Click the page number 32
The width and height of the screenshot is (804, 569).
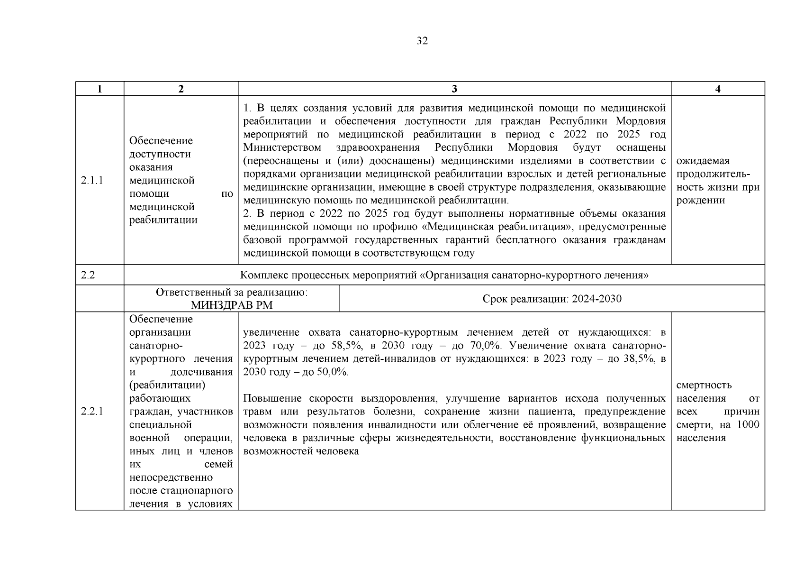point(422,41)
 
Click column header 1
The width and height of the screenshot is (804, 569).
point(99,89)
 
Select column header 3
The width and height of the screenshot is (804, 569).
point(454,89)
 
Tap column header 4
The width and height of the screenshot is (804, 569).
point(717,89)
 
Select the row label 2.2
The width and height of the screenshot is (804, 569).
point(88,275)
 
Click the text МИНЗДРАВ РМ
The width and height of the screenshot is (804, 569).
point(232,305)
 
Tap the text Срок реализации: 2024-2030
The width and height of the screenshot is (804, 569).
point(552,299)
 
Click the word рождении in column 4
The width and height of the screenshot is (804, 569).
point(700,201)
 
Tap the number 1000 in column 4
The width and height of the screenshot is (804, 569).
point(748,425)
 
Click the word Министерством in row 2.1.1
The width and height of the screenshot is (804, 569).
point(282,147)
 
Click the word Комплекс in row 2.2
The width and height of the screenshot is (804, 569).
point(263,275)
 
